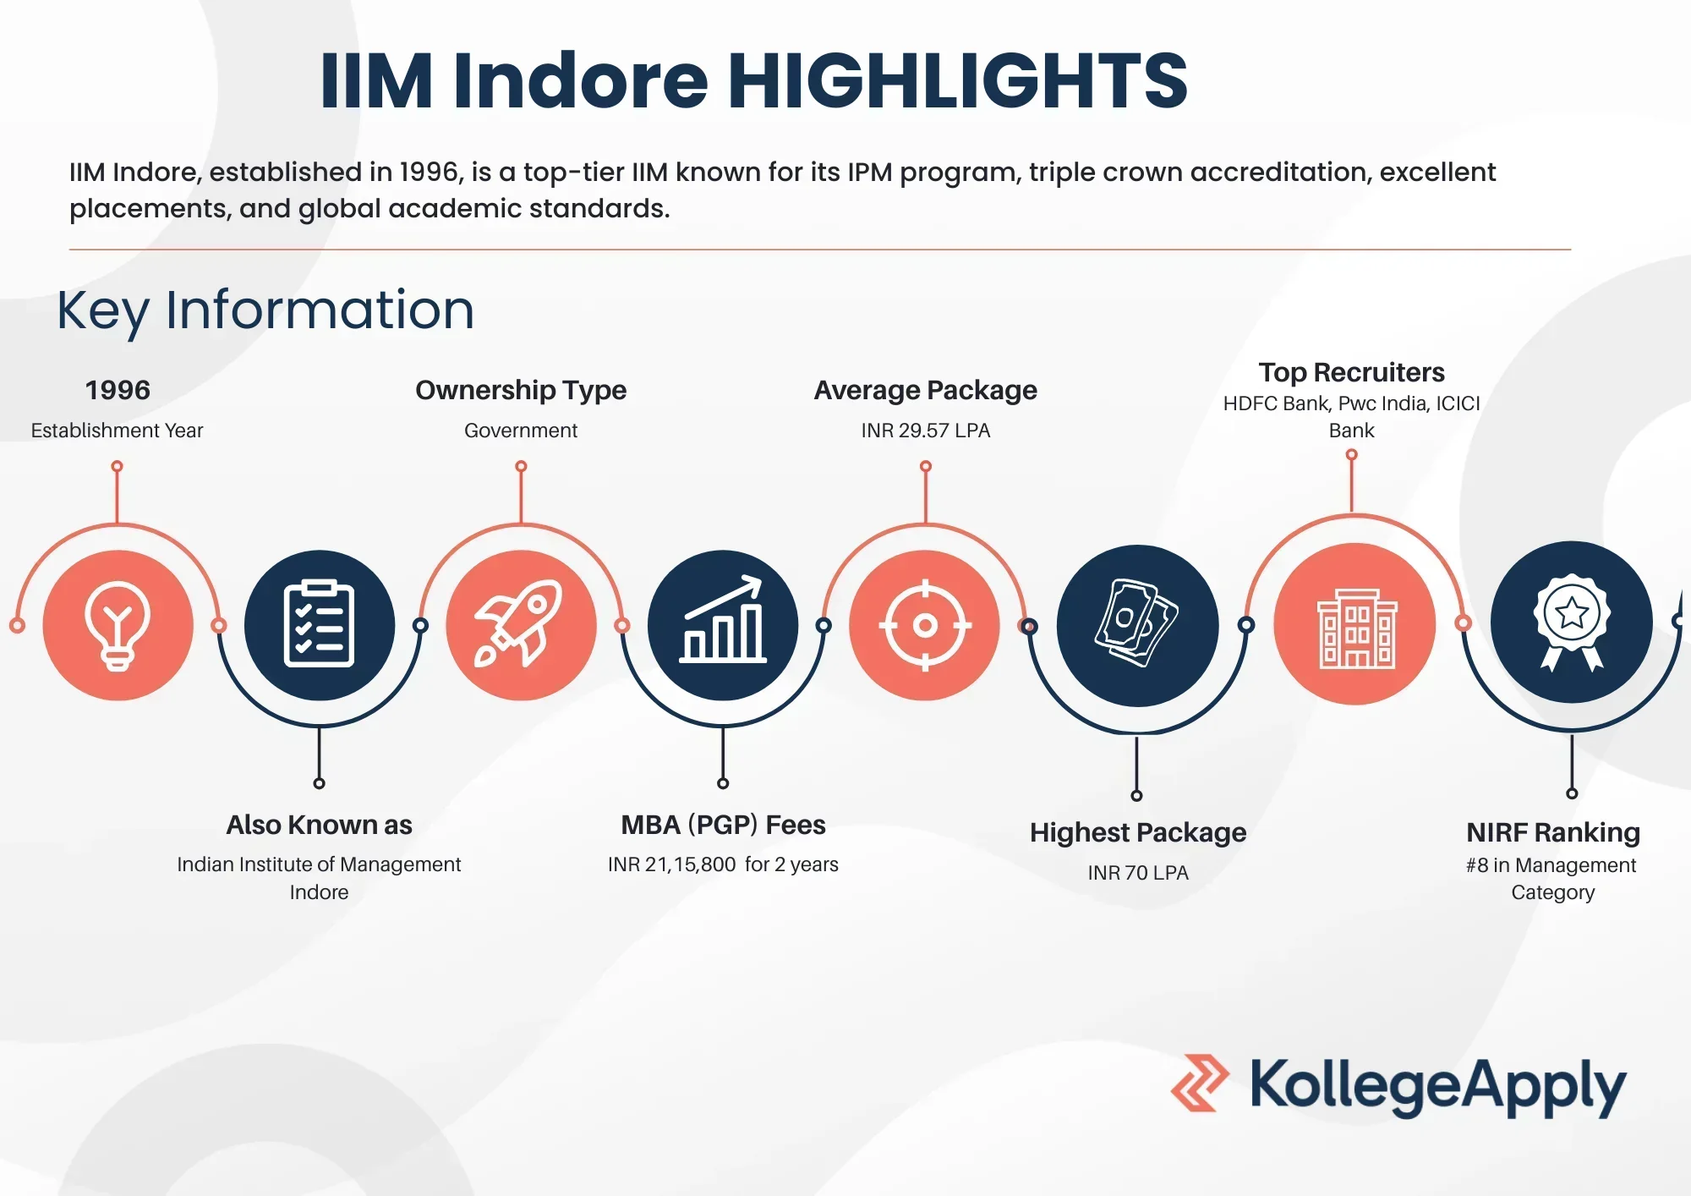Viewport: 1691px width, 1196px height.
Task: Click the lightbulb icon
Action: tap(118, 626)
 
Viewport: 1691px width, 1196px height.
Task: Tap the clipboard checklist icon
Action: tap(319, 624)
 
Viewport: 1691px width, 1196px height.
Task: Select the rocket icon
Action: tap(518, 624)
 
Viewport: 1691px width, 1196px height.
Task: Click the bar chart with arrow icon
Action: tap(723, 620)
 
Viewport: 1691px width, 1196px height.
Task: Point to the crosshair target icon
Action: tap(925, 625)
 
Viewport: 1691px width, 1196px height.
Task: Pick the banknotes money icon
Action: tap(1137, 623)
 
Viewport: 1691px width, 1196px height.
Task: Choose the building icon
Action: tap(1356, 628)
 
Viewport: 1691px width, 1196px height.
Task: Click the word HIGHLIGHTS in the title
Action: tap(958, 80)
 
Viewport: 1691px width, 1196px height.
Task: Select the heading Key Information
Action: tap(265, 310)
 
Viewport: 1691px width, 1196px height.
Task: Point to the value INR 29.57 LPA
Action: tap(926, 431)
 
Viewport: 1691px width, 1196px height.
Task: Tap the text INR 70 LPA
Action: tap(1138, 873)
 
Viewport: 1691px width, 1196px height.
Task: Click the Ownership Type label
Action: tap(521, 391)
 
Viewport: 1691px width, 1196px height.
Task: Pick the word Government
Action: tap(521, 431)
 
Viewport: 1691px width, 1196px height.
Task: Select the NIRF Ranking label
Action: tap(1553, 833)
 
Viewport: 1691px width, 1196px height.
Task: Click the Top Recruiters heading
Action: tap(1352, 373)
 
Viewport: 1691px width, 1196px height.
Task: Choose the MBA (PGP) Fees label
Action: tap(723, 825)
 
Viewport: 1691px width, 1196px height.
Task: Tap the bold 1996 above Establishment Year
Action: tap(118, 390)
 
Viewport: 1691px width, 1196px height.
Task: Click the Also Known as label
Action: tap(319, 825)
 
